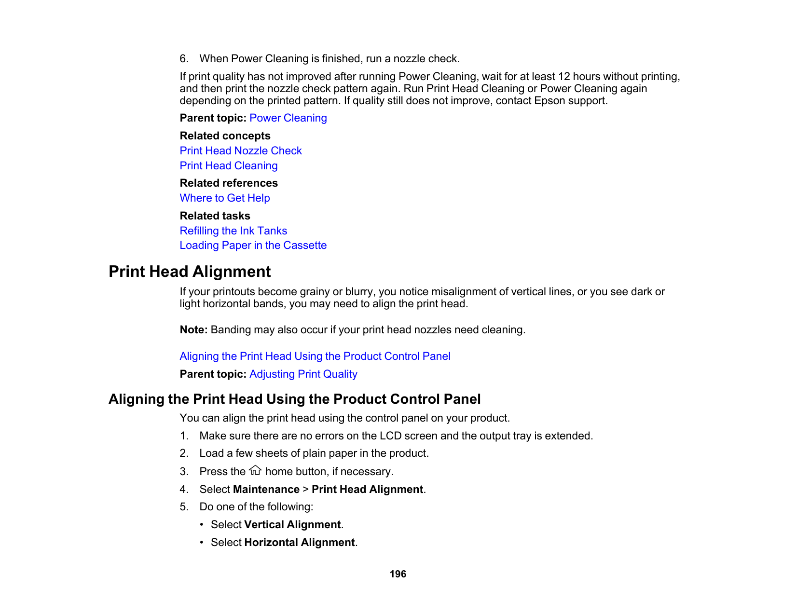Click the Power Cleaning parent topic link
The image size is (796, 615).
pyautogui.click(x=288, y=118)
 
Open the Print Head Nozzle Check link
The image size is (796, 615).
pyautogui.click(x=241, y=151)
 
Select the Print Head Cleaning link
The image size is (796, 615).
pyautogui.click(x=229, y=166)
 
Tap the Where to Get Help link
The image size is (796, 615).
pyautogui.click(x=225, y=198)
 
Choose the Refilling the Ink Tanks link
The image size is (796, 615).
pyautogui.click(x=233, y=231)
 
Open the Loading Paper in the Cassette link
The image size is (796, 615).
pyautogui.click(x=253, y=246)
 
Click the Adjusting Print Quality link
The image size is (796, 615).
pyautogui.click(x=303, y=374)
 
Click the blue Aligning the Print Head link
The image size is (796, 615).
pyautogui.click(x=315, y=356)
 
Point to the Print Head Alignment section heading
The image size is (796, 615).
pyautogui.click(x=190, y=272)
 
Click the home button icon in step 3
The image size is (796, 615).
pyautogui.click(x=255, y=470)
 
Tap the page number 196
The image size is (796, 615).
pyautogui.click(x=398, y=574)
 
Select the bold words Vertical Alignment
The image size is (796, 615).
pyautogui.click(x=292, y=525)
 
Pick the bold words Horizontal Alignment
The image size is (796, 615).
pyautogui.click(x=300, y=543)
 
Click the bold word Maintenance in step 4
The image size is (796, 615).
pyautogui.click(x=266, y=490)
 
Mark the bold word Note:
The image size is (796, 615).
pyautogui.click(x=194, y=330)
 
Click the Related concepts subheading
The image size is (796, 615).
pyautogui.click(x=225, y=136)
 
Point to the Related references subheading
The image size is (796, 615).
pyautogui.click(x=229, y=183)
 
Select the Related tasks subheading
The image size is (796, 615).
pyautogui.click(x=215, y=216)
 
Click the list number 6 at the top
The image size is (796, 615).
pyautogui.click(x=183, y=59)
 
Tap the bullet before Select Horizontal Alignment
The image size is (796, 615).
pyautogui.click(x=203, y=543)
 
